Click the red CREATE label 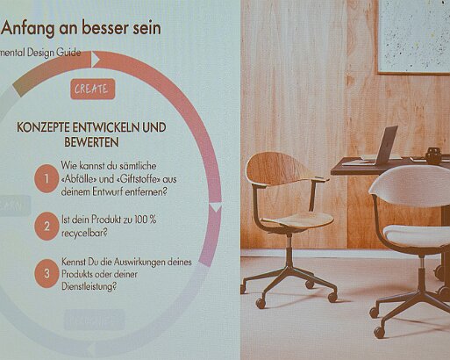coord(91,89)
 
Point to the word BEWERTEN coord(91,141)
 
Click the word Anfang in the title coord(28,28)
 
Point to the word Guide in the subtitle coord(68,53)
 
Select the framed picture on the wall coord(413,35)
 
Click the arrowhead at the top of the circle coord(97,60)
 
